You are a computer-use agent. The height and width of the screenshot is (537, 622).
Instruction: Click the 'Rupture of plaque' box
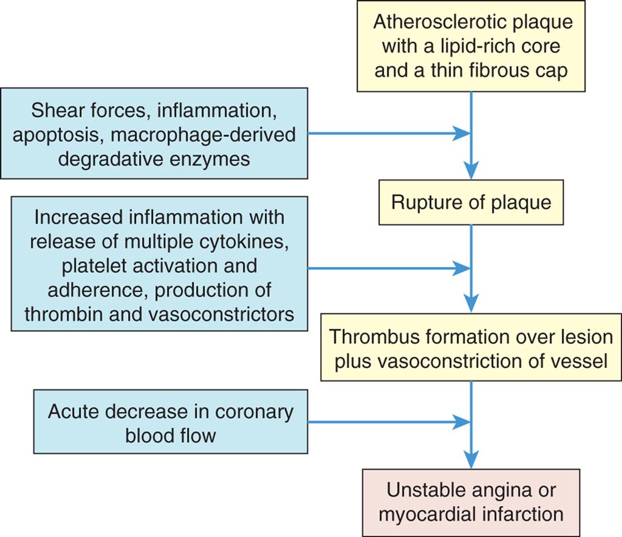click(x=471, y=202)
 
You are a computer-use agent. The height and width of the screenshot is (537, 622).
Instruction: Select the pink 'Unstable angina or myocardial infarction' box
click(x=471, y=502)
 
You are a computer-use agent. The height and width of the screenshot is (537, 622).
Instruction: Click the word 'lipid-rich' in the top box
click(x=445, y=47)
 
